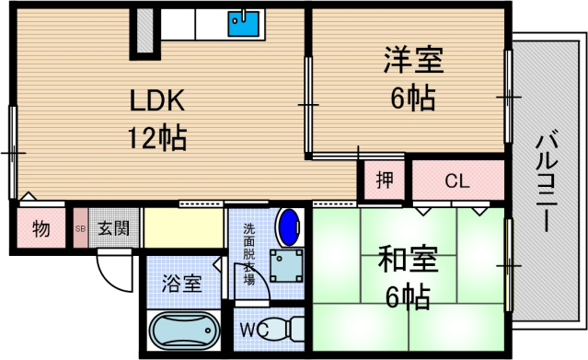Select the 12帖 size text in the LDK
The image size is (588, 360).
[157, 138]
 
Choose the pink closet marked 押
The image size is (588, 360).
[384, 180]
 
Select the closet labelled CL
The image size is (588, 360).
[457, 180]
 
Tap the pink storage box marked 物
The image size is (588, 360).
[40, 227]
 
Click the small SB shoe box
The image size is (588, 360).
[80, 227]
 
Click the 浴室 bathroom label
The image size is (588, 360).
[181, 283]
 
